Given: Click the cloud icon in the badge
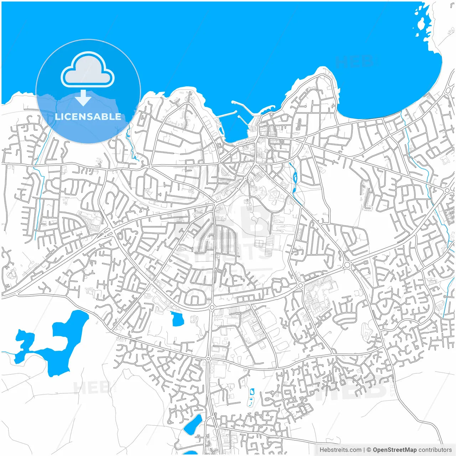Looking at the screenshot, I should pos(88,69).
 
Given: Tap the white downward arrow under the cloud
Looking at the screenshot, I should pos(83,98).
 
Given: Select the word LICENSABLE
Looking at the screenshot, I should pos(88,116).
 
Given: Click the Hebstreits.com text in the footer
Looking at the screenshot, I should pos(340,450).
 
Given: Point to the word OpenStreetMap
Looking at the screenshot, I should pos(395,450).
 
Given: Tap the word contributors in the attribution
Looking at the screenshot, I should pos(435,450).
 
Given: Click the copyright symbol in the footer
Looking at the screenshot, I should pos(369,450).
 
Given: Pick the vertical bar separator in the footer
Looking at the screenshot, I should pos(364,450).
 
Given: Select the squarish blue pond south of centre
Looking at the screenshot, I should pos(177,319).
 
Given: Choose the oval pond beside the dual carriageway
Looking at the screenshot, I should pos(193,424).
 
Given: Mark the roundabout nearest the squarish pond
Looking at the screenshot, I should pos(212,307).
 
